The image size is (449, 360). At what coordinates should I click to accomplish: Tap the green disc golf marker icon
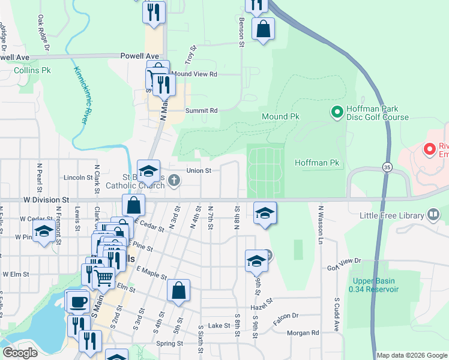[337, 112]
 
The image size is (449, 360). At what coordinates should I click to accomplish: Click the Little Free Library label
[393, 215]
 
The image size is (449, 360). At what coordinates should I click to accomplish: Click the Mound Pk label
[280, 116]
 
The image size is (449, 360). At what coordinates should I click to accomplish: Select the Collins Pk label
[29, 70]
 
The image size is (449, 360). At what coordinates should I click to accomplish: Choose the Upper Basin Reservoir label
[375, 286]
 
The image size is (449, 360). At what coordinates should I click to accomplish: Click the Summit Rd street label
[201, 110]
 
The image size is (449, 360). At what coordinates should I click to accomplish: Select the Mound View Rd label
[194, 74]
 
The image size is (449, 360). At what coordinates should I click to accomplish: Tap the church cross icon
[173, 180]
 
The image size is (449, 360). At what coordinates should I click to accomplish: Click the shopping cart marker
[104, 277]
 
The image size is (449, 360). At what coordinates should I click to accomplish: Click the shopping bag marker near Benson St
[263, 28]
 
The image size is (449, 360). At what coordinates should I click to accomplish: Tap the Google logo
[20, 353]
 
